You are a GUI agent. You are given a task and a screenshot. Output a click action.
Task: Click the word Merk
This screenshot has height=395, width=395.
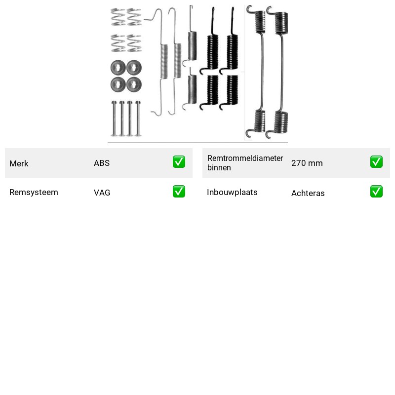click(19, 163)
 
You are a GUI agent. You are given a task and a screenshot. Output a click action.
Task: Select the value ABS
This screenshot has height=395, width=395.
click(102, 163)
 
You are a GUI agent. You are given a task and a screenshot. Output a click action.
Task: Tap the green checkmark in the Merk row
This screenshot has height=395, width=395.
click(179, 162)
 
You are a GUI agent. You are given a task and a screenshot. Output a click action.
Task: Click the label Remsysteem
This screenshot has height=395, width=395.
click(34, 193)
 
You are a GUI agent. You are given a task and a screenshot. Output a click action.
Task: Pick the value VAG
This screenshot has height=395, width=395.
click(102, 193)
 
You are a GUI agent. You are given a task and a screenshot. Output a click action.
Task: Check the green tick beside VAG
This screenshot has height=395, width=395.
click(179, 192)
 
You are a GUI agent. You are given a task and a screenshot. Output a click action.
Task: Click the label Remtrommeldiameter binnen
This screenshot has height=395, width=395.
click(245, 163)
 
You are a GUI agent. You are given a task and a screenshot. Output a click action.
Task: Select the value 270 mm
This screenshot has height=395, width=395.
click(307, 163)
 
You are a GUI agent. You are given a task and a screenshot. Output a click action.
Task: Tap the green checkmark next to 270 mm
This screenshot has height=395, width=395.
click(376, 162)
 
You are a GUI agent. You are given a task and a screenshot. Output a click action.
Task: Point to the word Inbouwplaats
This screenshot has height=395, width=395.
click(232, 193)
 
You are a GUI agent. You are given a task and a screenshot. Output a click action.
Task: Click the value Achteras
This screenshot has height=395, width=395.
click(308, 193)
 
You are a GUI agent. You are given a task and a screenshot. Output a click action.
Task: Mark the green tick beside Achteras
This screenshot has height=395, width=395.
click(376, 192)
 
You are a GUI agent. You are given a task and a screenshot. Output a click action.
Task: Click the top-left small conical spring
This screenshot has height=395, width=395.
click(118, 17)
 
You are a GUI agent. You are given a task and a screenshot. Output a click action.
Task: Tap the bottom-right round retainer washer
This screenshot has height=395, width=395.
click(134, 84)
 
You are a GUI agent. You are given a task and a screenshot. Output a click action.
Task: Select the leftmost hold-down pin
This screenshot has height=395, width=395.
click(114, 118)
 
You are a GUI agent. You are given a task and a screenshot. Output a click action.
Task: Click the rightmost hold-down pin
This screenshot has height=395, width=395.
click(138, 118)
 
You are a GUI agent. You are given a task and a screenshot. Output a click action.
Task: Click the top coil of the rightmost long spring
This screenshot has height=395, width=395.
click(281, 23)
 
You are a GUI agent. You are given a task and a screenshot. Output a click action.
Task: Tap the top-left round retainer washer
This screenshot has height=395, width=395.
click(118, 68)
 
